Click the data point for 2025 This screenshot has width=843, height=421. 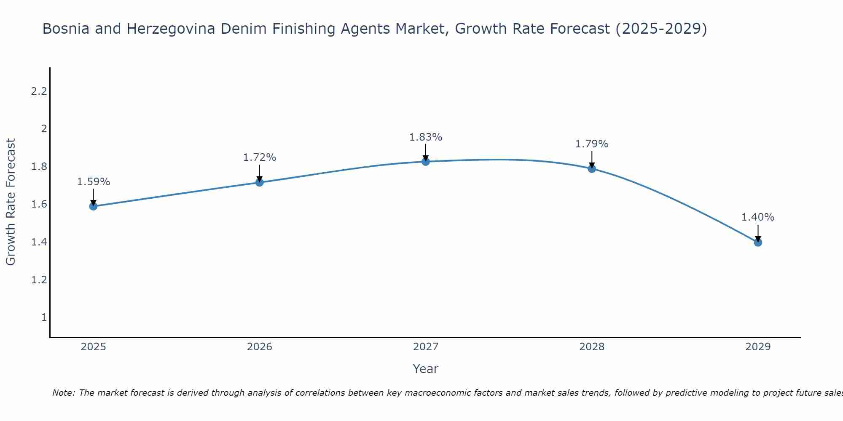(94, 206)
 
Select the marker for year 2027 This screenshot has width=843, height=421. (426, 162)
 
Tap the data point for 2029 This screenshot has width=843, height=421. (758, 242)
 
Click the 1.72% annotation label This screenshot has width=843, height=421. (260, 157)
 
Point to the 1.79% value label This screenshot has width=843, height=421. (592, 144)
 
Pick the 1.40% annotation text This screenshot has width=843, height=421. (758, 217)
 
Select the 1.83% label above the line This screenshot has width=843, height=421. (426, 137)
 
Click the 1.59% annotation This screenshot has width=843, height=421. (94, 182)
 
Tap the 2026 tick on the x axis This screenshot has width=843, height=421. (260, 347)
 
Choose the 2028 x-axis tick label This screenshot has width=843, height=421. (592, 347)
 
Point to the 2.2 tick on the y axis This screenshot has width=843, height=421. (39, 91)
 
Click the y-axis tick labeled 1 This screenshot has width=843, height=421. (44, 317)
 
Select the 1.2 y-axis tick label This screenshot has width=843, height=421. (39, 280)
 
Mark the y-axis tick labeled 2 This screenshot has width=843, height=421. (44, 129)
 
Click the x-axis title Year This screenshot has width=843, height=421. (426, 369)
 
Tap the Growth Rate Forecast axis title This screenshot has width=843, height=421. (11, 202)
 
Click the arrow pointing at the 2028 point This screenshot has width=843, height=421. (592, 159)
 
